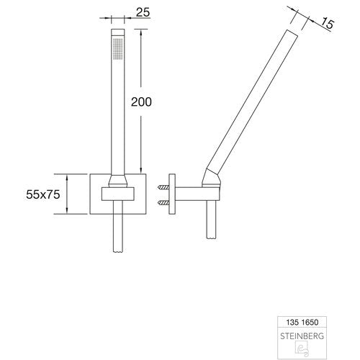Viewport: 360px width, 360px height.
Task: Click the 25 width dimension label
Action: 143,12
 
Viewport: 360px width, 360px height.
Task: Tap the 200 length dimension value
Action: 141,102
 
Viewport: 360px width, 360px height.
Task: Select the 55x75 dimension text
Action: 43,194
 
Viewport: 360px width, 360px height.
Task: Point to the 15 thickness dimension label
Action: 327,24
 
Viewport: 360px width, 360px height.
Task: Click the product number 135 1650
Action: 302,322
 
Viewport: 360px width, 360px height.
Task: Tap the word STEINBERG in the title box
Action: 302,336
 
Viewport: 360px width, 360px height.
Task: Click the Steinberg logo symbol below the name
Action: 302,349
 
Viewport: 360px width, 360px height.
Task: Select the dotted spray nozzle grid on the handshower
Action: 117,48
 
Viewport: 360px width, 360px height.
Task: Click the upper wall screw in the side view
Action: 163,187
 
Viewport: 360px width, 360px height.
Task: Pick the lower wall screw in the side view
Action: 163,204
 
